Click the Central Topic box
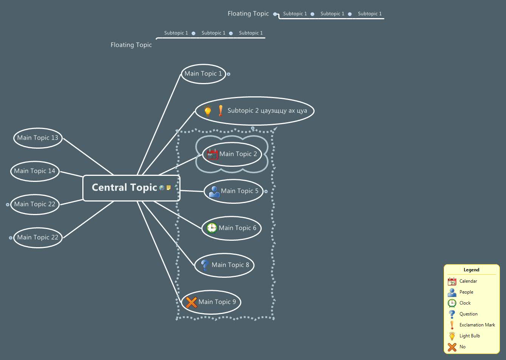tap(125, 188)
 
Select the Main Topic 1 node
tap(203, 74)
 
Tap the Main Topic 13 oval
tap(38, 138)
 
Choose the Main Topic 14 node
tap(35, 171)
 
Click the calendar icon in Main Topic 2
tap(212, 154)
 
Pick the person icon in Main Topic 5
tap(214, 191)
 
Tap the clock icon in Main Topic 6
tap(211, 228)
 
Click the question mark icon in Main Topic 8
tap(205, 265)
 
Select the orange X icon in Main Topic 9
tap(191, 302)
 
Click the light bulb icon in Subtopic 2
tap(208, 111)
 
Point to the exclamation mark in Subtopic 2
tap(221, 111)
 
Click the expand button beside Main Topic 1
tap(228, 74)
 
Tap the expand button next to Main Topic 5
tap(266, 191)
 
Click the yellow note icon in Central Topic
tap(168, 188)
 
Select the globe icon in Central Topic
tap(162, 188)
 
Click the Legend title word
tap(471, 270)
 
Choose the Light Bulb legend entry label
tap(470, 336)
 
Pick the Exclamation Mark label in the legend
tap(477, 325)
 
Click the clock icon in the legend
tap(452, 303)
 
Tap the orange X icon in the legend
tap(452, 347)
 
